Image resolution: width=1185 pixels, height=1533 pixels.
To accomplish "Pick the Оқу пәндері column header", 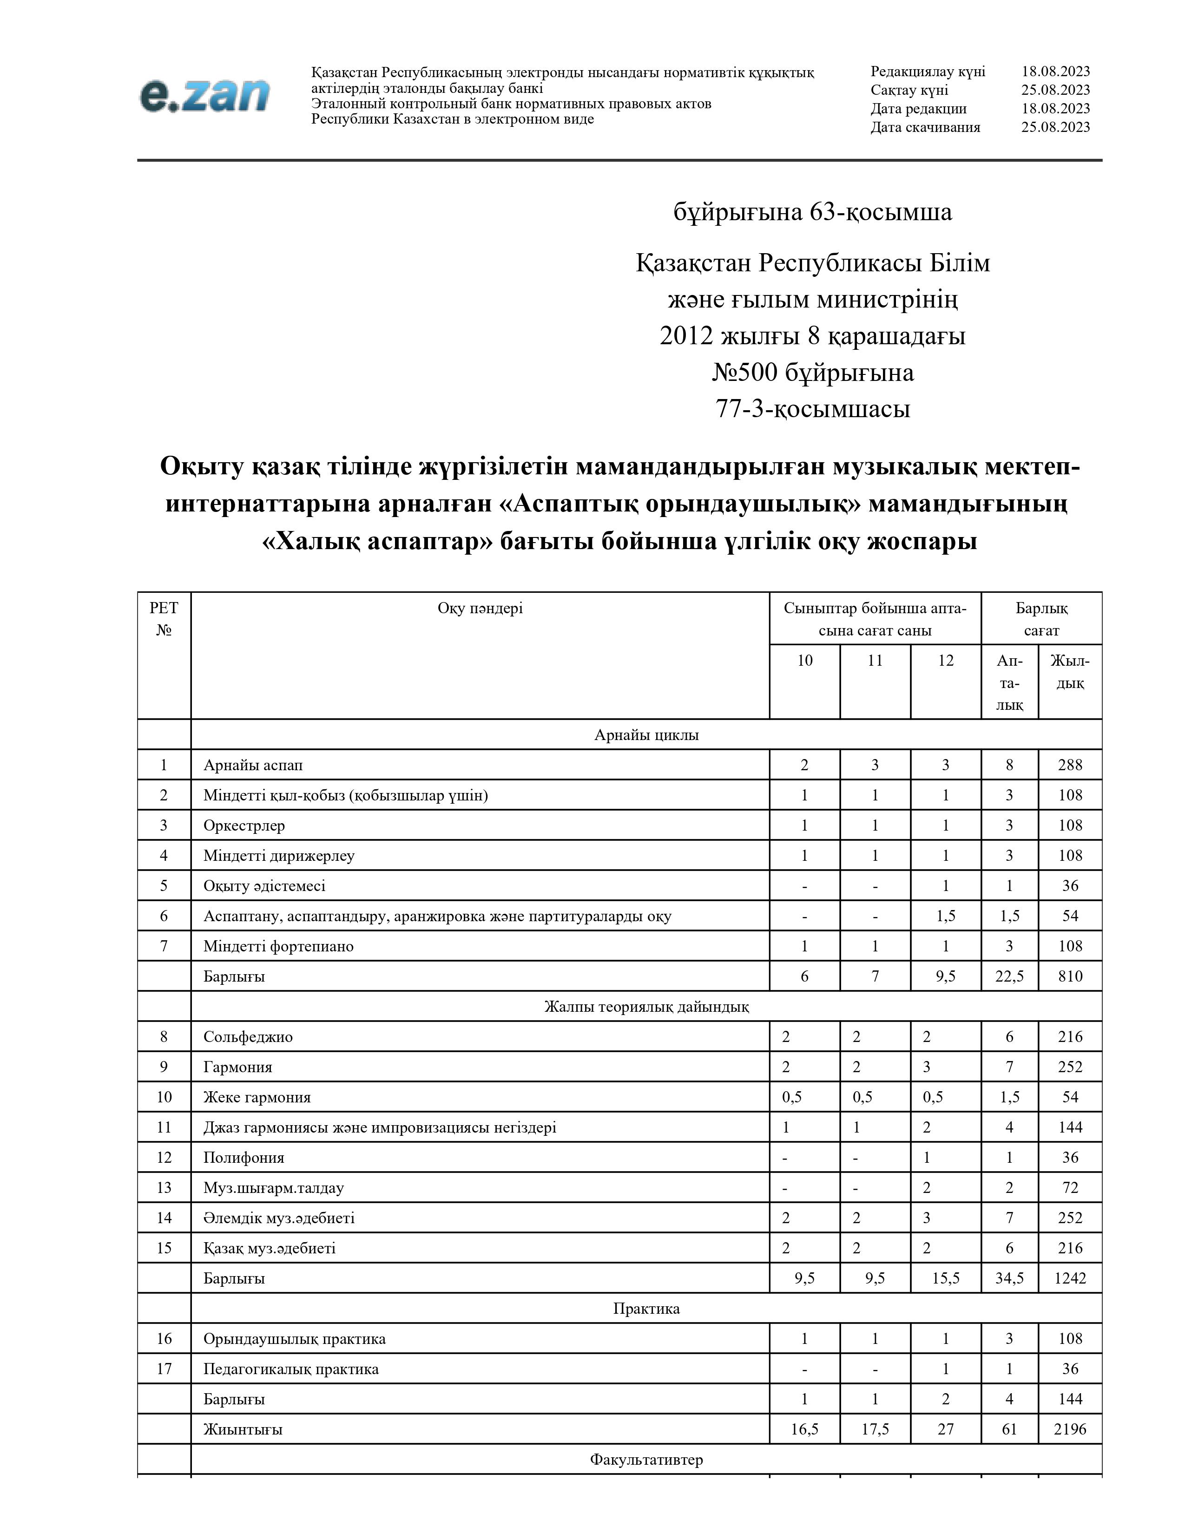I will [x=480, y=608].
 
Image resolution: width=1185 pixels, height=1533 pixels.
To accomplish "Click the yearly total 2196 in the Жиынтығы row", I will [x=1069, y=1428].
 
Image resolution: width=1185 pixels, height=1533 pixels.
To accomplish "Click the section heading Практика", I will [x=646, y=1308].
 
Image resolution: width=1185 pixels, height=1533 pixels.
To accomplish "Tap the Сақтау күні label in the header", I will [x=909, y=90].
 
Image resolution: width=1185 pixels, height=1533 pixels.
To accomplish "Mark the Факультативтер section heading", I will [x=646, y=1459].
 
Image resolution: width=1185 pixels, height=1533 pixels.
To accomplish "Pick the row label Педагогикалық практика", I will [x=290, y=1368].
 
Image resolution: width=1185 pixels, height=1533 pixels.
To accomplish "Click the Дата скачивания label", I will [x=925, y=127].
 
